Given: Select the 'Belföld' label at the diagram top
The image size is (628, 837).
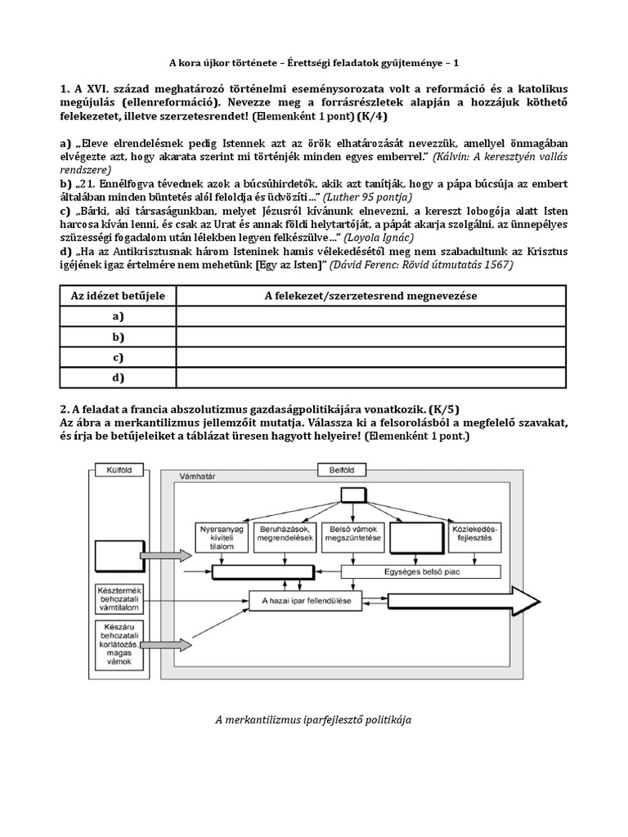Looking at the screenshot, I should pyautogui.click(x=336, y=470).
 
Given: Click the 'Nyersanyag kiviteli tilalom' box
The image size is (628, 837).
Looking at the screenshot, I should pyautogui.click(x=222, y=538).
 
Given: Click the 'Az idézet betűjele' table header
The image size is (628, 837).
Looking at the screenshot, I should pyautogui.click(x=119, y=295).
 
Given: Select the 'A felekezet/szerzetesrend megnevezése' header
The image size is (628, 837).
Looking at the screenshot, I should pyautogui.click(x=370, y=295).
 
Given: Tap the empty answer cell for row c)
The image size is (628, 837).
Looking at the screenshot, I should pyautogui.click(x=370, y=357).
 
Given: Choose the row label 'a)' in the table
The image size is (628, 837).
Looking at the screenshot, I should pyautogui.click(x=119, y=316).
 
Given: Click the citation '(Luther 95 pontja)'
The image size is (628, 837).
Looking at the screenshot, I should pyautogui.click(x=367, y=197).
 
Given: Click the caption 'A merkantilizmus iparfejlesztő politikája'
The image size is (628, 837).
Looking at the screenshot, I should pyautogui.click(x=313, y=719).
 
